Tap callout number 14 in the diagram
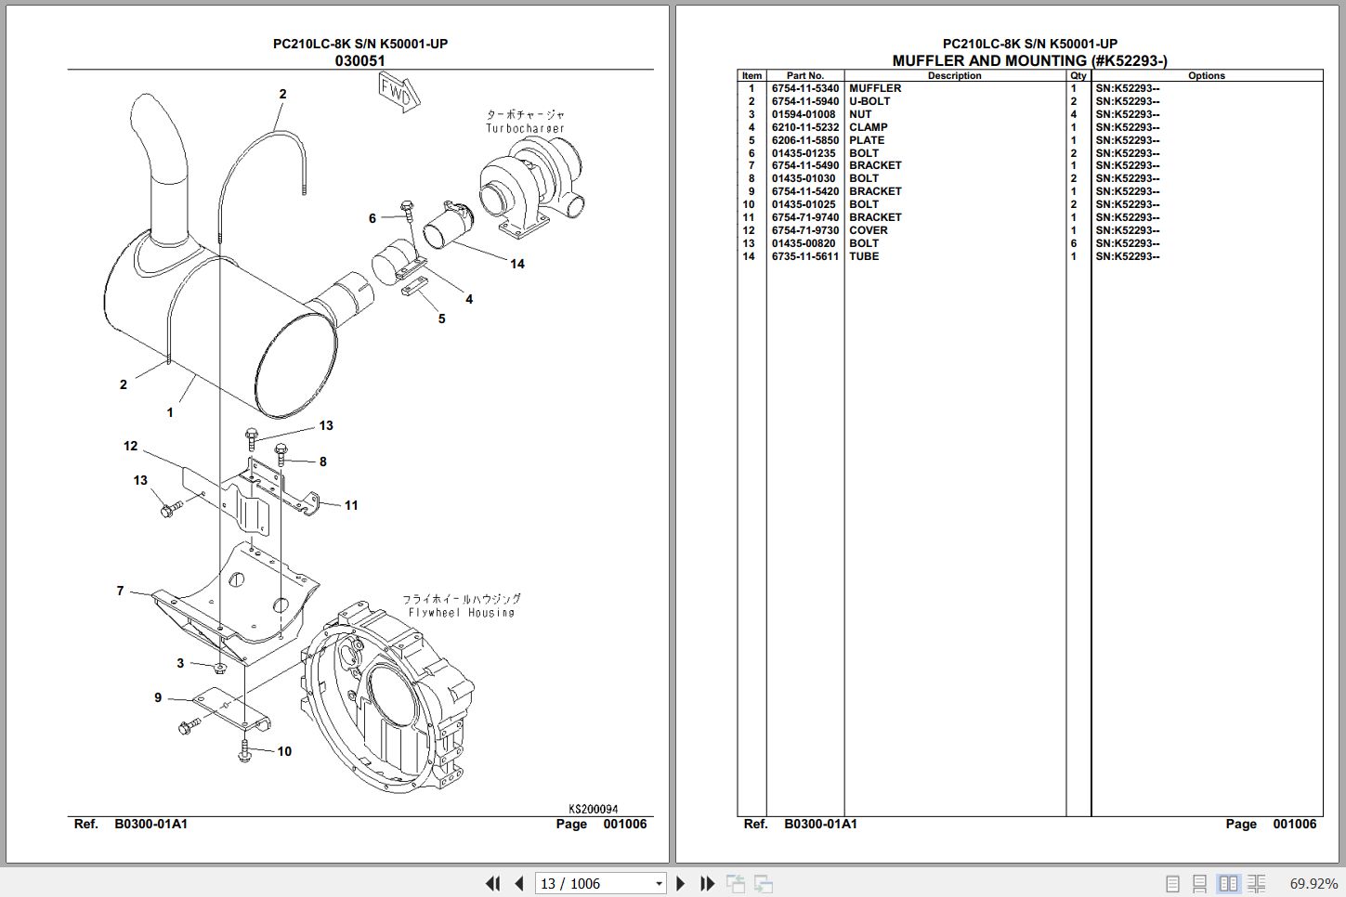[x=517, y=264]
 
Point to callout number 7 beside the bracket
[x=120, y=591]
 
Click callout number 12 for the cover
[x=130, y=447]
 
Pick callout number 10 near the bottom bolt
[x=284, y=751]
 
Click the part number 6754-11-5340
[x=804, y=89]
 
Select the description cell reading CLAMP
[x=868, y=128]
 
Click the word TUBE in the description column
[x=863, y=257]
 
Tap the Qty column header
[x=1078, y=76]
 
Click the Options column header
[x=1206, y=76]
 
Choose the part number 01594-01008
[x=803, y=115]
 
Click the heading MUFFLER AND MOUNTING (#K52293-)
[x=1029, y=61]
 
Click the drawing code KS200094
[x=593, y=809]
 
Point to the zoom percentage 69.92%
[x=1313, y=884]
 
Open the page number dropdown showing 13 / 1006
[x=659, y=884]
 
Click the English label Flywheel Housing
[x=461, y=613]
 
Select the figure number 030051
[x=359, y=61]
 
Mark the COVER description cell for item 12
[x=868, y=231]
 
